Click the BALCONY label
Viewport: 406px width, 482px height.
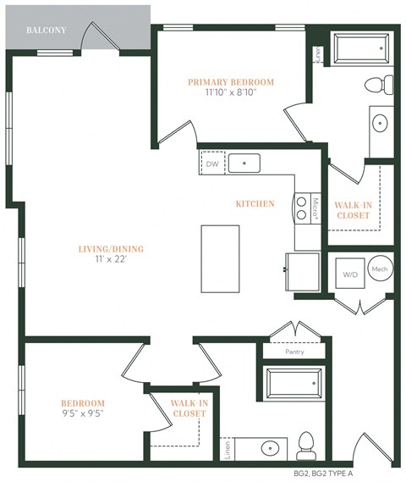click(x=45, y=30)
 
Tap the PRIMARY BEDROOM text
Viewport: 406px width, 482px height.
click(x=231, y=82)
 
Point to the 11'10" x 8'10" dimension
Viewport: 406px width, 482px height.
click(x=231, y=92)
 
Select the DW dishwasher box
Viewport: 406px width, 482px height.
click(x=211, y=163)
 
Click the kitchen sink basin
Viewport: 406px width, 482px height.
click(x=244, y=163)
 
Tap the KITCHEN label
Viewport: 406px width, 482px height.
click(x=255, y=204)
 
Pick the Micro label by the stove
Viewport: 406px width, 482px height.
click(x=315, y=209)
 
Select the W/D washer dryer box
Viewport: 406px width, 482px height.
click(x=349, y=274)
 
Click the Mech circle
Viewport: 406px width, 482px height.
click(x=380, y=269)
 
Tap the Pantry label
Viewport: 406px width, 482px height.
click(x=294, y=352)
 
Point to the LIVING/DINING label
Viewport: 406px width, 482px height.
click(x=111, y=248)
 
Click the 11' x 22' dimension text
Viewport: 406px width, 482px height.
click(x=111, y=259)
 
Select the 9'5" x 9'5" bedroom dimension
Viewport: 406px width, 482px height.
click(x=82, y=413)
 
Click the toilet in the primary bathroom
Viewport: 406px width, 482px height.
click(x=380, y=84)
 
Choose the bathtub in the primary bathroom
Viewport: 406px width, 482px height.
click(x=361, y=52)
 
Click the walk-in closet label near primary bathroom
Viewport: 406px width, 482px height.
click(x=353, y=209)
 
